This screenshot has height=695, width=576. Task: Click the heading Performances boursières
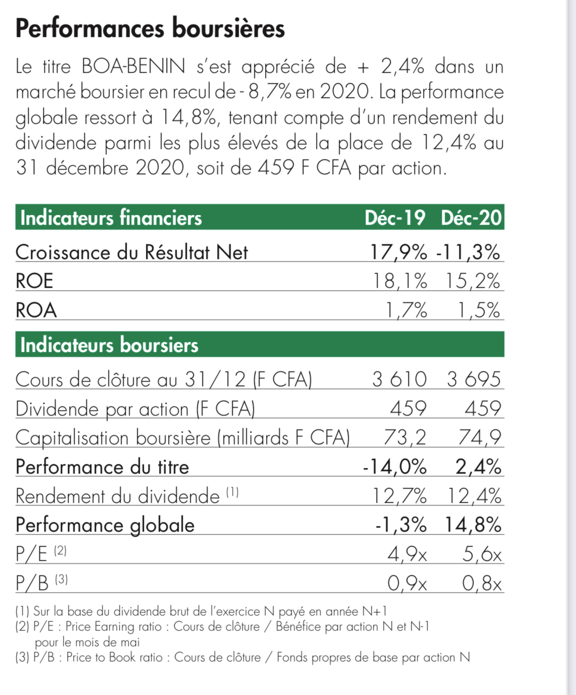tap(150, 29)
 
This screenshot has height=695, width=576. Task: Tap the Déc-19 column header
tap(395, 218)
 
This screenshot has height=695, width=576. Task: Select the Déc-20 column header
tap(471, 218)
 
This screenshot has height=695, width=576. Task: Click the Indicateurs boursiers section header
tap(109, 345)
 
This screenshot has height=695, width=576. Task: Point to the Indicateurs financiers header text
tap(111, 218)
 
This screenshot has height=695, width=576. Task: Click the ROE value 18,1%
tap(399, 281)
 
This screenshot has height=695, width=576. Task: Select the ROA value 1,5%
tap(479, 310)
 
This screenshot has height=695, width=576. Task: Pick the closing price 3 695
tap(474, 379)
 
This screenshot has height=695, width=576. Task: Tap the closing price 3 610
tap(399, 379)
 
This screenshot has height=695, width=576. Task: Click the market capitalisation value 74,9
tap(480, 438)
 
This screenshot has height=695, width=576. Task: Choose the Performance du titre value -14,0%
tap(395, 466)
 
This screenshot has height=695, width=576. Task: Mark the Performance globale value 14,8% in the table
tap(473, 525)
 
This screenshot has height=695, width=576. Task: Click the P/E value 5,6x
tap(482, 554)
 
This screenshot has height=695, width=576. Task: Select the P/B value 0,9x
tap(407, 583)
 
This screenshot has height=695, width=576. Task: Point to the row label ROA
tap(36, 310)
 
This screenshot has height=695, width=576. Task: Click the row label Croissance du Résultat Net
tap(132, 252)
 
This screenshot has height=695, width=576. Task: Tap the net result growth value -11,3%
tap(468, 252)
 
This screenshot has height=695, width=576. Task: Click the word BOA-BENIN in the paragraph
tap(133, 66)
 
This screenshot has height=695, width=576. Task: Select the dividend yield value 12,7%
tap(399, 496)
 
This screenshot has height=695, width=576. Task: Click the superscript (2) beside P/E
tap(60, 551)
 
